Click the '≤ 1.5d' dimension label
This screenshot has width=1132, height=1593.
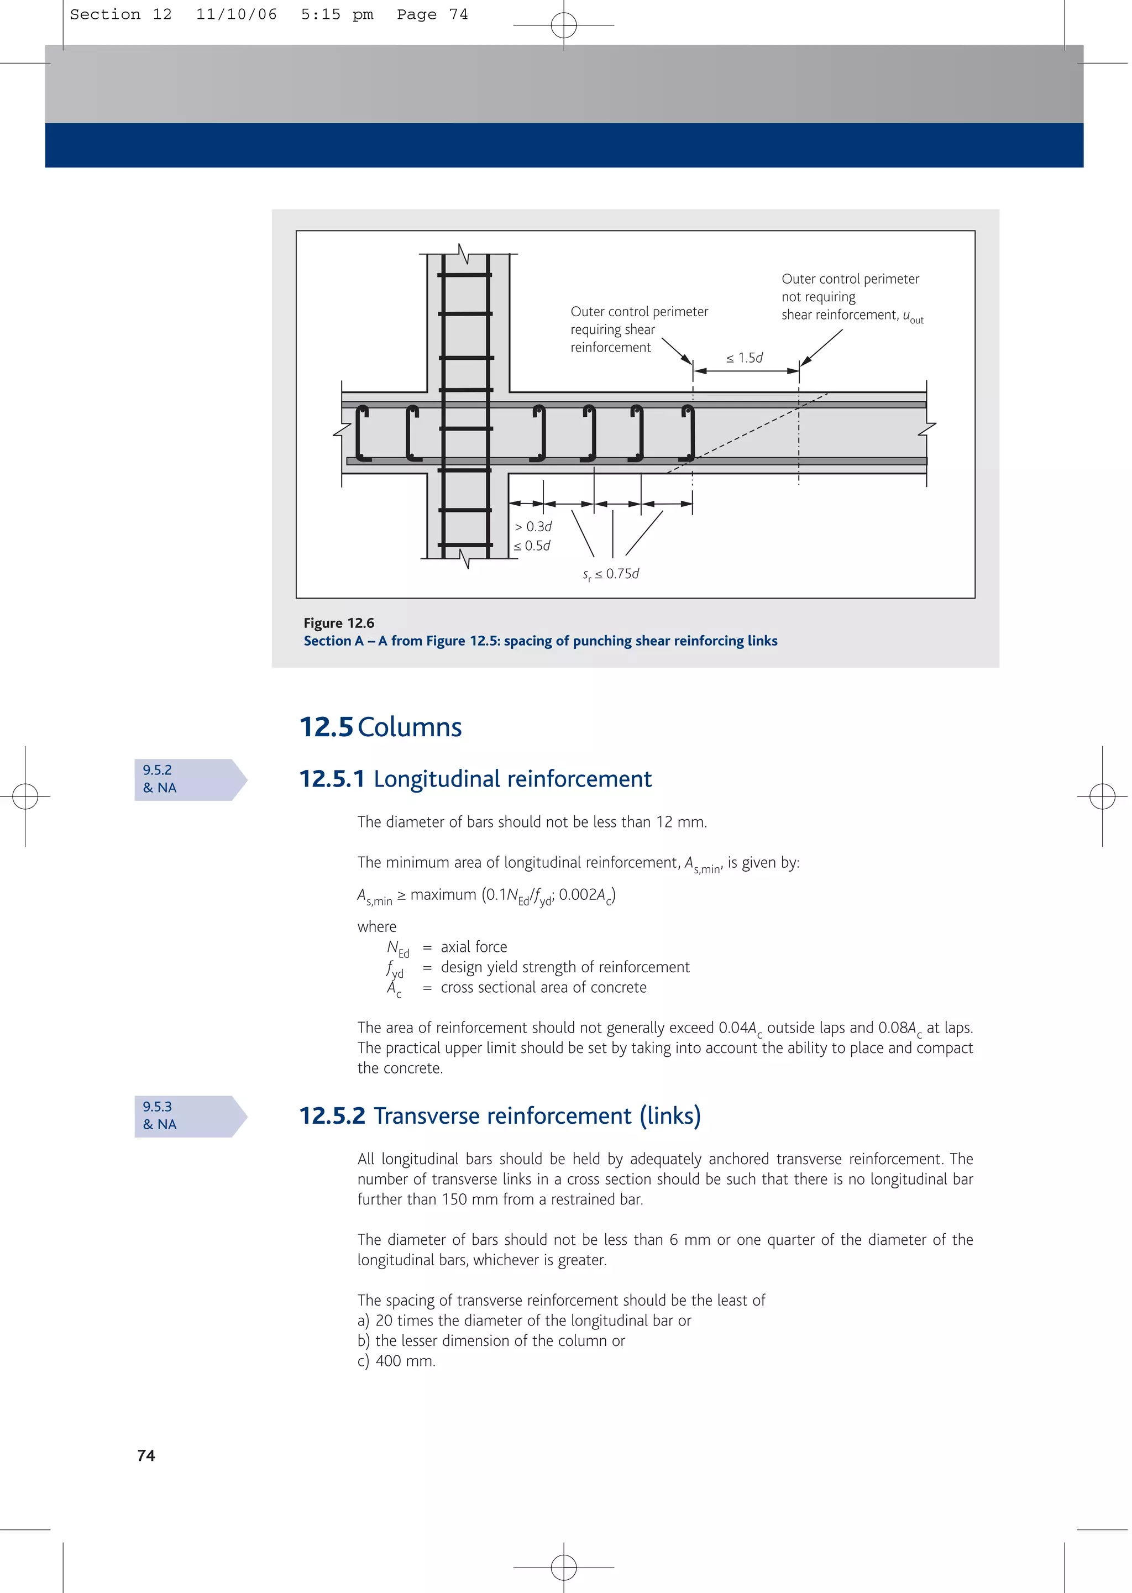click(745, 358)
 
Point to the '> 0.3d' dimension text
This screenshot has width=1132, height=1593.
click(533, 527)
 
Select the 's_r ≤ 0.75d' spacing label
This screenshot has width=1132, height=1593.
click(611, 574)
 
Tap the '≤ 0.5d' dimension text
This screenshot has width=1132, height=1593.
click(532, 546)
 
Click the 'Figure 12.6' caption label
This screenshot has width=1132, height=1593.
click(339, 623)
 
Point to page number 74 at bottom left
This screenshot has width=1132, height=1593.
click(146, 1455)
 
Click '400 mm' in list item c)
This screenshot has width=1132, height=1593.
click(405, 1361)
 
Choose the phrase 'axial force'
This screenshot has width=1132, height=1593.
click(474, 947)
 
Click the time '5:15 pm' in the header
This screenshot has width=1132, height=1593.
click(337, 14)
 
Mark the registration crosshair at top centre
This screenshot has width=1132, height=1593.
click(563, 25)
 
